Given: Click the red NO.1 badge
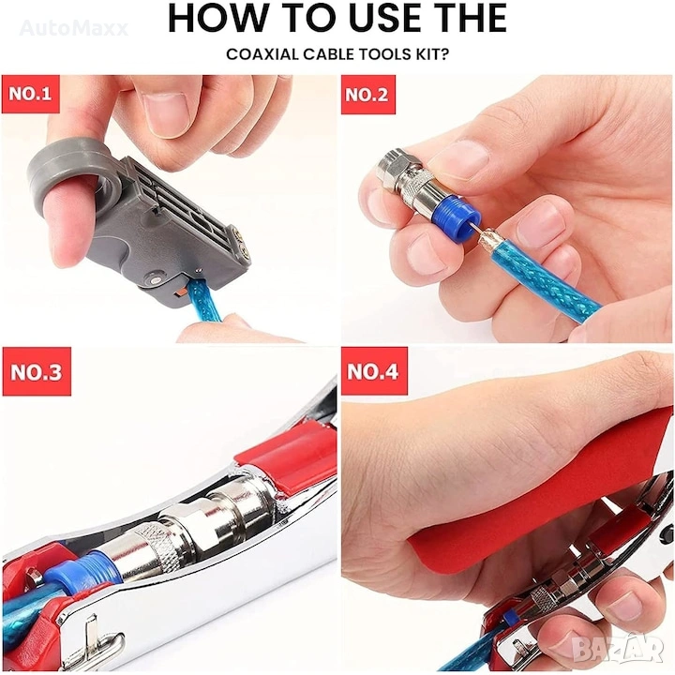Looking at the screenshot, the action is point(31,94).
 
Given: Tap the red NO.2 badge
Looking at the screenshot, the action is point(368,95).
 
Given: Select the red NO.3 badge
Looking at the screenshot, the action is point(37,371).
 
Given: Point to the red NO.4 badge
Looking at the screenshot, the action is point(374,371).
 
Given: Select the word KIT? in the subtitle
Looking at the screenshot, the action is point(431,54).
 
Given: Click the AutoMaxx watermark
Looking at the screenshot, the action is point(74,28).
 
